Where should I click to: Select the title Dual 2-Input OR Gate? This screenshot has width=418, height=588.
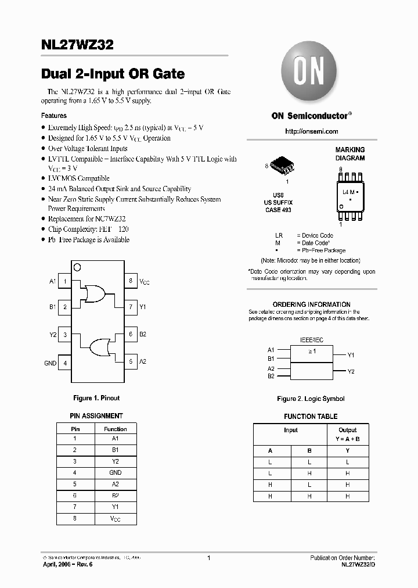pyautogui.click(x=113, y=74)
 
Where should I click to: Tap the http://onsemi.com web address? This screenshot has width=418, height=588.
pyautogui.click(x=311, y=132)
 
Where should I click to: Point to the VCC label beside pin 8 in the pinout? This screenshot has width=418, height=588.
pyautogui.click(x=144, y=281)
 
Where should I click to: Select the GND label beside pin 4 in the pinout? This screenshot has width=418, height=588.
pyautogui.click(x=50, y=363)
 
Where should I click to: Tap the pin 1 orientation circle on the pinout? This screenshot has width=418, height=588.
pyautogui.click(x=77, y=268)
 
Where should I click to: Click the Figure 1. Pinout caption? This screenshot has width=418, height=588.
pyautogui.click(x=96, y=398)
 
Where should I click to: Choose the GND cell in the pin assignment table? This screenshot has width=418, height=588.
pyautogui.click(x=115, y=473)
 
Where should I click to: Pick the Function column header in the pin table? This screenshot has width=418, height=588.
pyautogui.click(x=115, y=429)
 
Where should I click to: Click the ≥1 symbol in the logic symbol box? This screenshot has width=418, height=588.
pyautogui.click(x=311, y=352)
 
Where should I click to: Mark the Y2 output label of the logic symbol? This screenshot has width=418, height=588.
pyautogui.click(x=351, y=371)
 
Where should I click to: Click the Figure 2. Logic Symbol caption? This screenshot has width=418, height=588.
pyautogui.click(x=311, y=399)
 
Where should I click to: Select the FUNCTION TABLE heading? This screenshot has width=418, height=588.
pyautogui.click(x=311, y=417)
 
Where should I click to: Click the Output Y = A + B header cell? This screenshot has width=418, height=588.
pyautogui.click(x=347, y=435)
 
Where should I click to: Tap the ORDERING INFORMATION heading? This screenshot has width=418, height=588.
pyautogui.click(x=311, y=304)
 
